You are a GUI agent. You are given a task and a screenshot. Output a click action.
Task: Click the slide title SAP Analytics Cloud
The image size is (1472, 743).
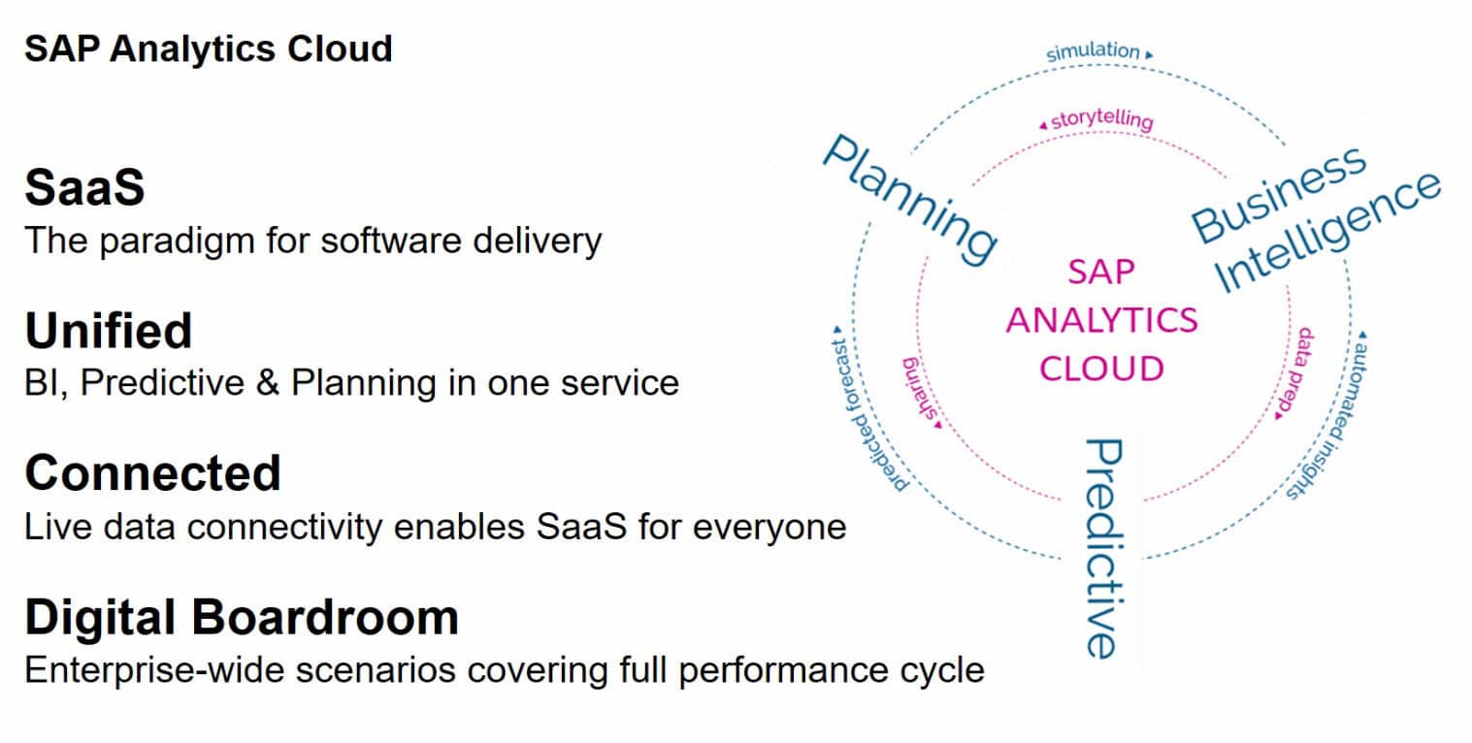tap(208, 48)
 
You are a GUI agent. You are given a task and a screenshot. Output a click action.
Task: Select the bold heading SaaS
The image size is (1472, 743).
tap(84, 187)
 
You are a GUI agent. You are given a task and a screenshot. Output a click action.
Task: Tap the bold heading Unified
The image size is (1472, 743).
tap(108, 331)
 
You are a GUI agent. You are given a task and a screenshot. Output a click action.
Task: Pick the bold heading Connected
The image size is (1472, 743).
tap(152, 473)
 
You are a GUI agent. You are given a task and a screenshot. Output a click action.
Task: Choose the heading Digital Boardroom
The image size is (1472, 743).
tap(241, 617)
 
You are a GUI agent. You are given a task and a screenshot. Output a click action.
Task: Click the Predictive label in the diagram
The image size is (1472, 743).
tap(1102, 548)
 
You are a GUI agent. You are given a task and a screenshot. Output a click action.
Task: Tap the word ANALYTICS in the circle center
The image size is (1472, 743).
tap(1101, 320)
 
